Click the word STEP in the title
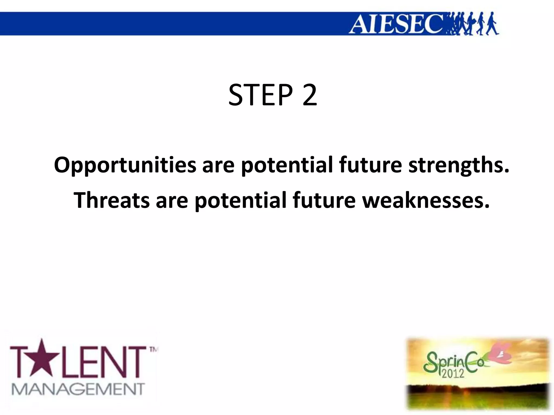[x=260, y=95]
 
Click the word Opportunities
[x=125, y=165]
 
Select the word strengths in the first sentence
[x=459, y=165]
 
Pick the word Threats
[x=111, y=200]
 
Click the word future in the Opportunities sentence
[x=370, y=165]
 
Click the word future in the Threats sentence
[x=324, y=200]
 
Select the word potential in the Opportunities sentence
[x=287, y=165]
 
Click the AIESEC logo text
[x=396, y=24]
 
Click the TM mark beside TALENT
[x=153, y=350]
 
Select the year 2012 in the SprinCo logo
[x=453, y=373]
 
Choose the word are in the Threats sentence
[x=172, y=200]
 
